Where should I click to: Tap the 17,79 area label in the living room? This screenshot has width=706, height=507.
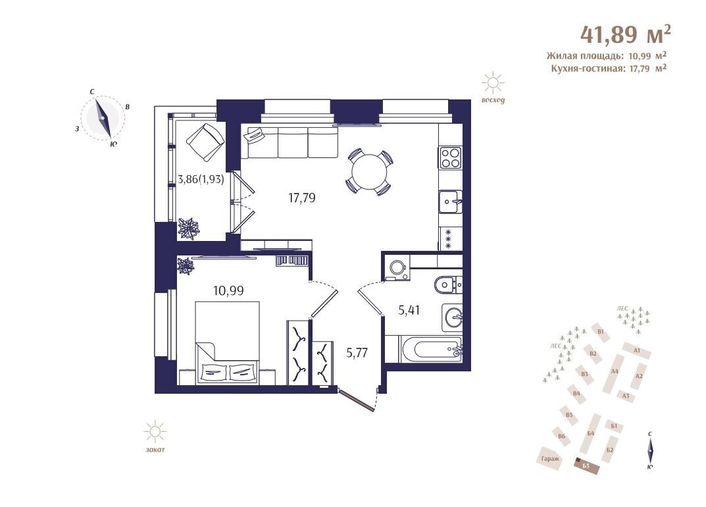[301, 198]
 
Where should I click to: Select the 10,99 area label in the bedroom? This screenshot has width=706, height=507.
[228, 290]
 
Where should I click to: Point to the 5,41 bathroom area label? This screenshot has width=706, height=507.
[409, 310]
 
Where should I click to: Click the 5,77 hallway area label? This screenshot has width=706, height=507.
[357, 352]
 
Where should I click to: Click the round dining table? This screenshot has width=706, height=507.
[369, 172]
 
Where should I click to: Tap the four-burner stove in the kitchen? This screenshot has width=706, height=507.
[450, 158]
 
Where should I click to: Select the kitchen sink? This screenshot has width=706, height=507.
[450, 201]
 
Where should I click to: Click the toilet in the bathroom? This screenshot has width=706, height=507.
[447, 284]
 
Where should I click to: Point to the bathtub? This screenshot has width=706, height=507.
[430, 349]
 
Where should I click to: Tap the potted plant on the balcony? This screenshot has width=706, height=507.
[188, 228]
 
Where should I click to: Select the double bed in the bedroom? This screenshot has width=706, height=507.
[228, 343]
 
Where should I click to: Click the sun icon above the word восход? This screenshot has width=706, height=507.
[493, 82]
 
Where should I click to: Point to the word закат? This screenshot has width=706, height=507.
[155, 449]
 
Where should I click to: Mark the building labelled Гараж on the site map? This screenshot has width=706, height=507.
[550, 459]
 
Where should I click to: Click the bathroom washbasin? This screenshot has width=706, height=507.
[452, 316]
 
